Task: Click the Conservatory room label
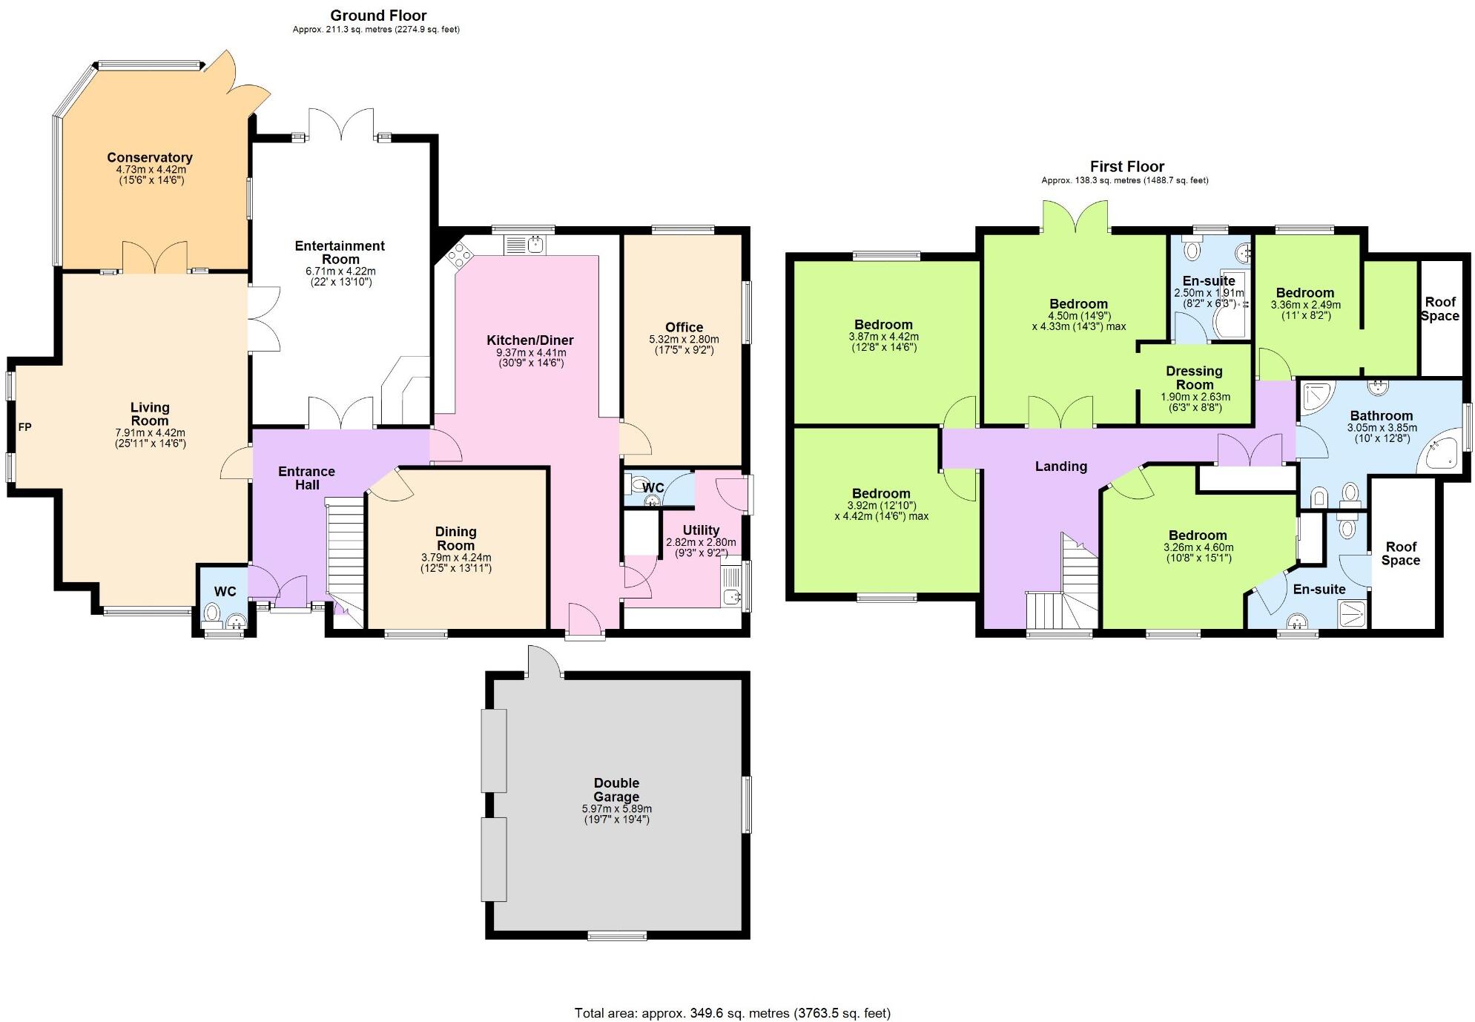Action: tap(149, 157)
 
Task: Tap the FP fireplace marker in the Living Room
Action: tap(24, 427)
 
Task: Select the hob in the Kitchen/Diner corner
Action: tap(458, 257)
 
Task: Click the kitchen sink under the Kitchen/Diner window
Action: tap(525, 244)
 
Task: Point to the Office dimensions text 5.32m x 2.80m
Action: tap(684, 339)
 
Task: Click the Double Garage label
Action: tap(616, 790)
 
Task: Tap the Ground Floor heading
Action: tap(378, 15)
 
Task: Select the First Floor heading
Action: tap(1126, 166)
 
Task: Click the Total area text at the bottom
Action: tap(732, 1012)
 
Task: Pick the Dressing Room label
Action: tap(1194, 378)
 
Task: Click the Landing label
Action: tap(1060, 466)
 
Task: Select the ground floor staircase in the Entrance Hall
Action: tap(346, 549)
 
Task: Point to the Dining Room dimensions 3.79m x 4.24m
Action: tap(455, 557)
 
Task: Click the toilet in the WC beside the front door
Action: tap(212, 613)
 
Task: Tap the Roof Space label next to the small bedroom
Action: tap(1439, 309)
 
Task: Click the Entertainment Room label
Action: tap(340, 252)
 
